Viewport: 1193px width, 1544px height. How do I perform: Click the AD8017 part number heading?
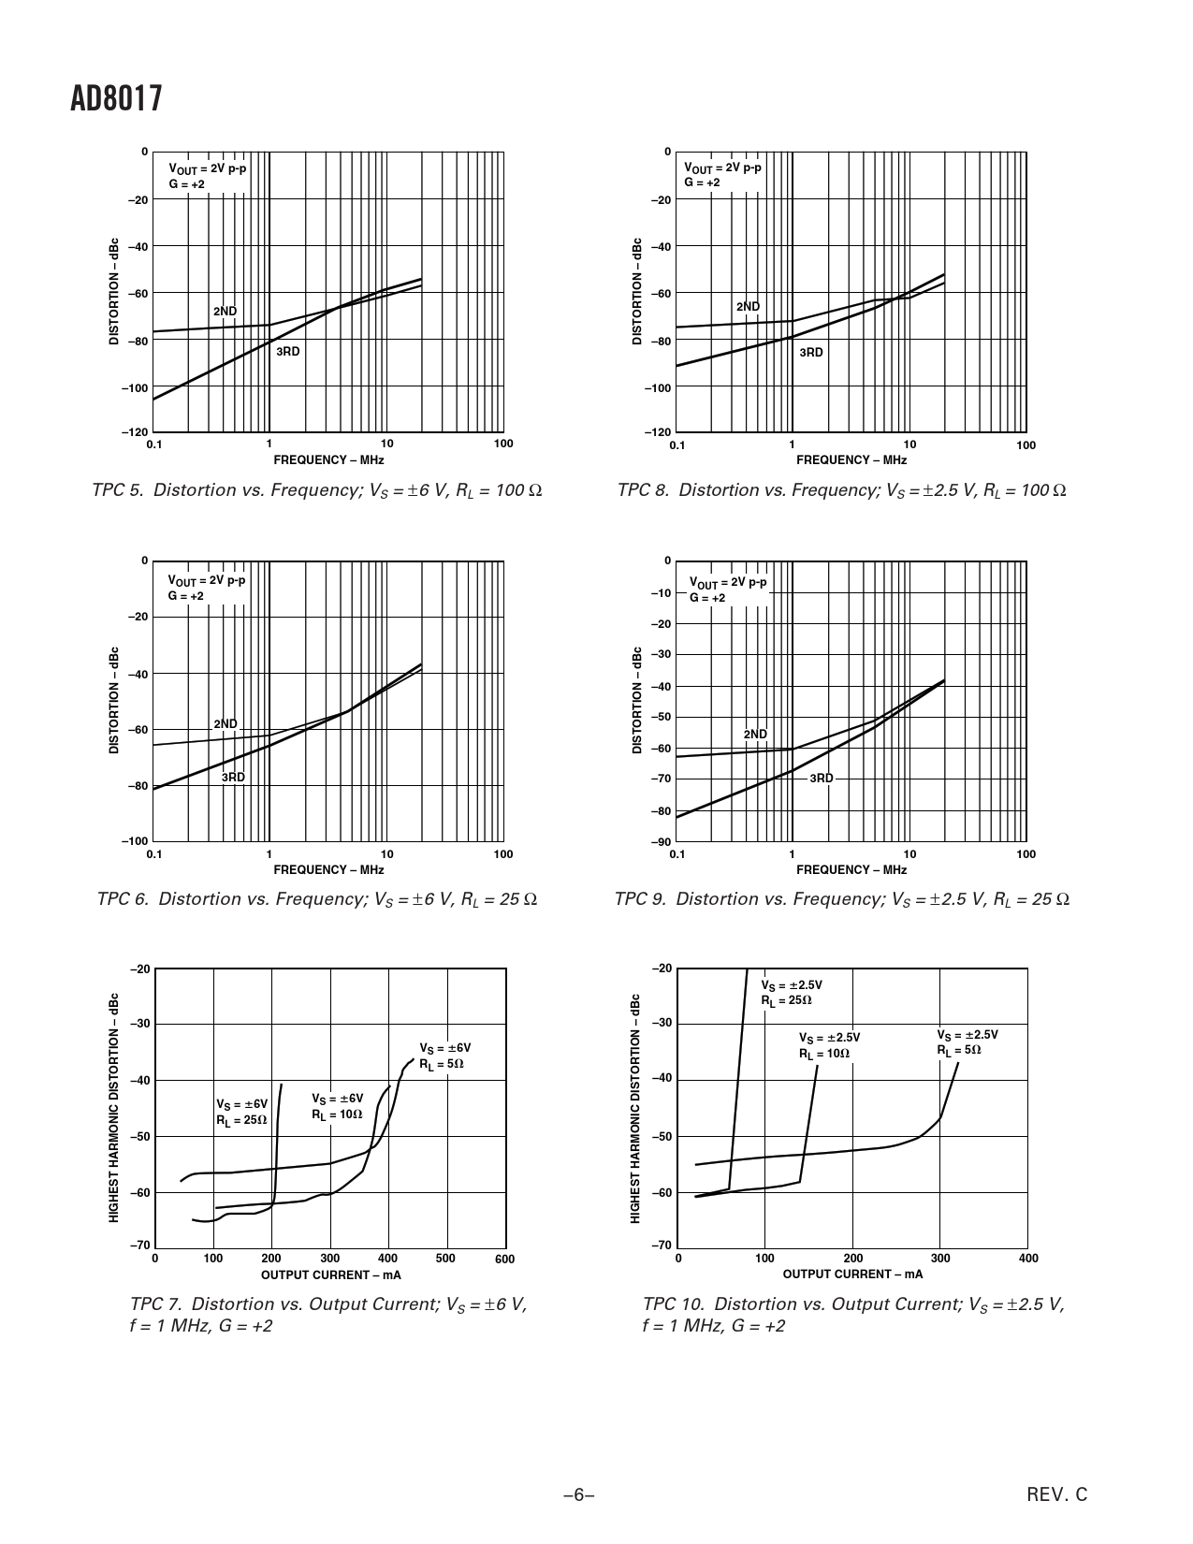(117, 98)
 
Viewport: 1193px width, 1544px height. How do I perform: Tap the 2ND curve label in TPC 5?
(225, 311)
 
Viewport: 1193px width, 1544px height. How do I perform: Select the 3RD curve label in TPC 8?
(811, 353)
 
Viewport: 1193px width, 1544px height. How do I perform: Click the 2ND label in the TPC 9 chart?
(755, 734)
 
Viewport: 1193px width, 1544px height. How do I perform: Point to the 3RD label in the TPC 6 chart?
(233, 778)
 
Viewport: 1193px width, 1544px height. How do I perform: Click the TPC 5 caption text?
(317, 490)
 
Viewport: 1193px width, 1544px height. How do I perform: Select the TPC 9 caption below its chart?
(841, 899)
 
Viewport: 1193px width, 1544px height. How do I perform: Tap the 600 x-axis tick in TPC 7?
(504, 1260)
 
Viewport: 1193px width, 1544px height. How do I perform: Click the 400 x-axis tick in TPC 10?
(1027, 1259)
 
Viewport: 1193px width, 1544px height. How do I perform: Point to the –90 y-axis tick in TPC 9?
(662, 842)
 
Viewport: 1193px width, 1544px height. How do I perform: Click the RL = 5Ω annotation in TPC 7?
(442, 1064)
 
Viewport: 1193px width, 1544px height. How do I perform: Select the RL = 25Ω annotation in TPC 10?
(786, 1000)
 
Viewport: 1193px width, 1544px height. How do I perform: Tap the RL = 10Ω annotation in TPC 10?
(824, 1053)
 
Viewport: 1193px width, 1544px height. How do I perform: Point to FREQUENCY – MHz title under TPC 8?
(851, 459)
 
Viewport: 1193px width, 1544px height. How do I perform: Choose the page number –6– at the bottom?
(578, 1495)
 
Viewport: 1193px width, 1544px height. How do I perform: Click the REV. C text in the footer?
(1057, 1495)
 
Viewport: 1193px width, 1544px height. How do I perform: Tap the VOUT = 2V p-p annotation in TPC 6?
(207, 580)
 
